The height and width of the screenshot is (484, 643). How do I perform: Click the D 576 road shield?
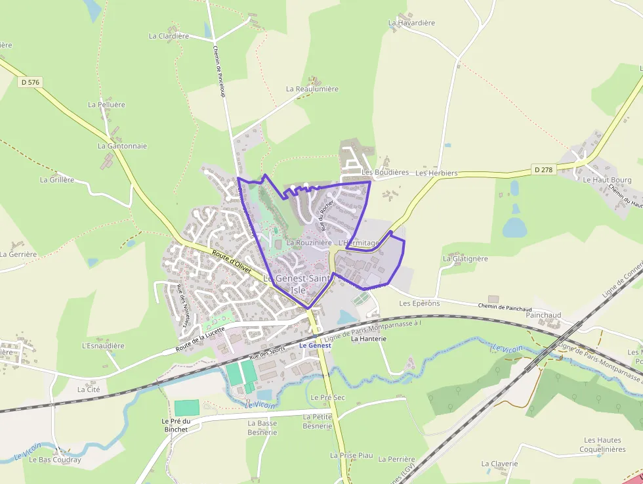click(30, 82)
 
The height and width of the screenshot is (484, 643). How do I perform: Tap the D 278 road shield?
click(543, 169)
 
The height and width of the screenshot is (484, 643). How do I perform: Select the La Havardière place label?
click(411, 23)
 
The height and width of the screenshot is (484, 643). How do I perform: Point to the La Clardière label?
click(169, 36)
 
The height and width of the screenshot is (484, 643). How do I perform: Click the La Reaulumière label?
click(312, 89)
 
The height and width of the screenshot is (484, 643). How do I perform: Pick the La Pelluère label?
click(106, 104)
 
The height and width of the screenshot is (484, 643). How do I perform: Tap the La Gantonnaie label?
click(122, 146)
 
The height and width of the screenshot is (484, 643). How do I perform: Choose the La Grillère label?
click(57, 179)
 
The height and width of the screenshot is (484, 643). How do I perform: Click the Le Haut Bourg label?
click(607, 180)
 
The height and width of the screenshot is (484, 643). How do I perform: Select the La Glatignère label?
click(465, 259)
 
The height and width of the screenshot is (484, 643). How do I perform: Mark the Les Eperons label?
click(419, 303)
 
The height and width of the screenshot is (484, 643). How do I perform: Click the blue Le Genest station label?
click(315, 345)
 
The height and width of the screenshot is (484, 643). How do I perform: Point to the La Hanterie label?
click(369, 339)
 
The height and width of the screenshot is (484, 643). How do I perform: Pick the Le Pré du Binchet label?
click(175, 425)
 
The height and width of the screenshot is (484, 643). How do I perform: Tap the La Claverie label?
click(499, 464)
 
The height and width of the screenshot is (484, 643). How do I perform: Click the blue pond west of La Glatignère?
click(514, 227)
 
